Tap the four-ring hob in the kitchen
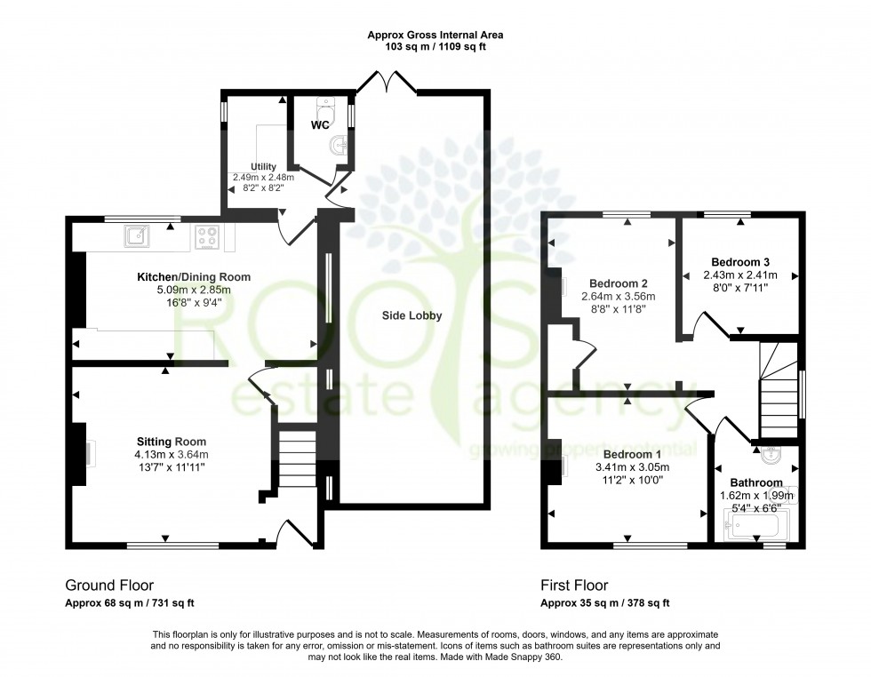207,236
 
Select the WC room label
320,125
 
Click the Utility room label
263,166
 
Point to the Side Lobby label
412,315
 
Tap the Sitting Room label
172,442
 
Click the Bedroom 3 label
740,262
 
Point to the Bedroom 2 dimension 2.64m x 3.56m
618,297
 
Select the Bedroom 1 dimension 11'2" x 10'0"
630,480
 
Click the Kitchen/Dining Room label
193,277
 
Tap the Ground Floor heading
109,585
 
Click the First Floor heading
574,585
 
